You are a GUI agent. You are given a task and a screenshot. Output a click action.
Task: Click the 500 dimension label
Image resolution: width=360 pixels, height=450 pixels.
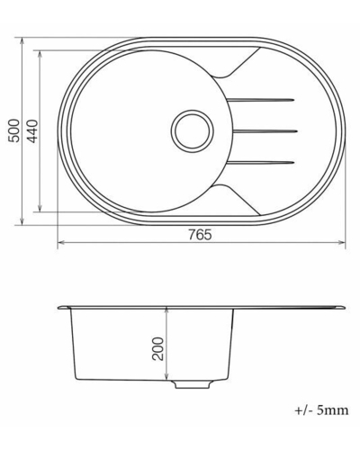[14, 130]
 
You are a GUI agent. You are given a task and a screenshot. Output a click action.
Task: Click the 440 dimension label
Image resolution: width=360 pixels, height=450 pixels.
[32, 131]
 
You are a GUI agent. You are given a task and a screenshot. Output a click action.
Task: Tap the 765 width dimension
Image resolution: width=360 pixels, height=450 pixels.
[200, 235]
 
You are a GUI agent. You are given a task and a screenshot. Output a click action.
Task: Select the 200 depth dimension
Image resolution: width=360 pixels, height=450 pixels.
[158, 348]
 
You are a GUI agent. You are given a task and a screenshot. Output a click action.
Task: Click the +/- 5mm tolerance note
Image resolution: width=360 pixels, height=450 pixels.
[321, 409]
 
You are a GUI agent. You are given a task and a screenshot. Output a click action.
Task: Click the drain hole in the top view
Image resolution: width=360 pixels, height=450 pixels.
[193, 130]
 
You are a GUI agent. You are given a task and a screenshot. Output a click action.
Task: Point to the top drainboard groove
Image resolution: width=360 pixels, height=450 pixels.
[260, 100]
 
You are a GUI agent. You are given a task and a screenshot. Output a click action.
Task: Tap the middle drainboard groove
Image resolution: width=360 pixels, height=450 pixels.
[265, 130]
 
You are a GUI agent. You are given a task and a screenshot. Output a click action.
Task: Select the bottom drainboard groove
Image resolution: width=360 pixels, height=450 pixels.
[260, 163]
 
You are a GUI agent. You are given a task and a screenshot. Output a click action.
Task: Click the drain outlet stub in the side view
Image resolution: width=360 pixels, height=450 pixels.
[193, 384]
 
